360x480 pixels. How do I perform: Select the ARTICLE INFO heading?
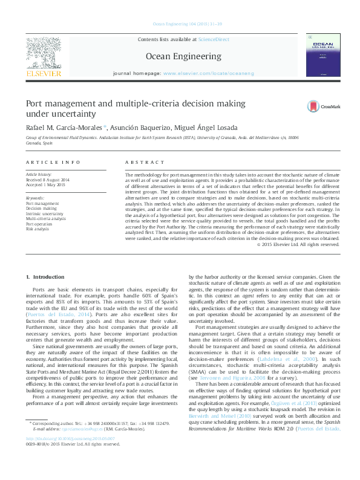coord(53,163)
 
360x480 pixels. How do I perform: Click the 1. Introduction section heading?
coord(45,277)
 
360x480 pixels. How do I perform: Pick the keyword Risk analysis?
coord(38,229)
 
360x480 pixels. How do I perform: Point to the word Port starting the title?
coord(34,105)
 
